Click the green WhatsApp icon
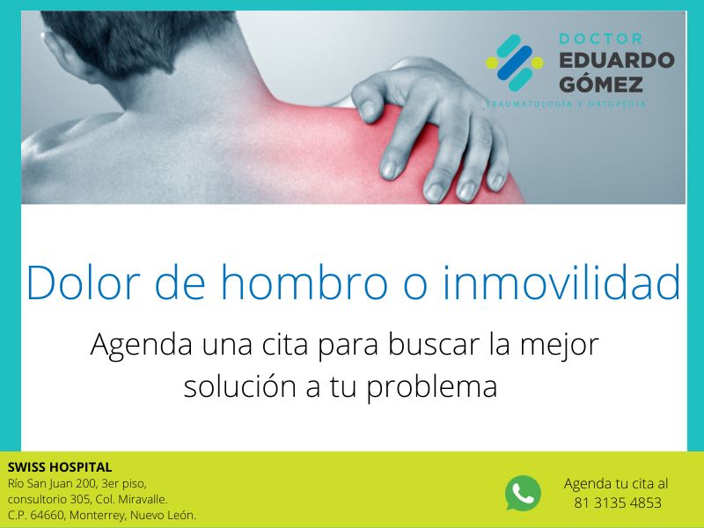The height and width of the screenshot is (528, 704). tap(523, 493)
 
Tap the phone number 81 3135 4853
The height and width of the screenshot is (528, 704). tap(617, 503)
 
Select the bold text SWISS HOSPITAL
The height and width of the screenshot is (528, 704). tap(60, 467)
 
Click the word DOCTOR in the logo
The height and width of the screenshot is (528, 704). tap(601, 40)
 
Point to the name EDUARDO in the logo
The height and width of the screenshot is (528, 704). tap(616, 61)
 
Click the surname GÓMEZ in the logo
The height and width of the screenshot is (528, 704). tap(601, 84)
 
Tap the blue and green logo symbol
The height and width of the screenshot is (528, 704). tap(515, 63)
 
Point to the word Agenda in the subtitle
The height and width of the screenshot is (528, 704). tap(140, 345)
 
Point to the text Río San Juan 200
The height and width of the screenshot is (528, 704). tap(53, 483)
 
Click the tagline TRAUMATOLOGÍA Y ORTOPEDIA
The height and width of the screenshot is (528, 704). tap(568, 105)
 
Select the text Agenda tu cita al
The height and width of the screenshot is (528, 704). tap(616, 484)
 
